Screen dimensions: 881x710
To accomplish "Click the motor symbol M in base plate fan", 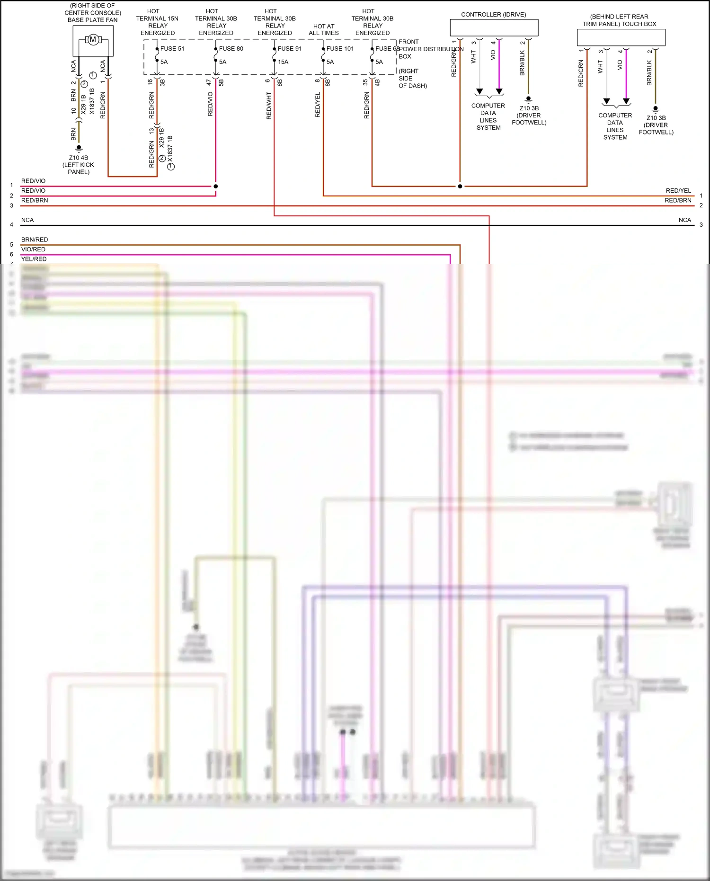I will tap(93, 40).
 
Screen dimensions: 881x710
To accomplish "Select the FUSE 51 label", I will tap(172, 49).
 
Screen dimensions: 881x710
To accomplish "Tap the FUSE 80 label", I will tap(231, 49).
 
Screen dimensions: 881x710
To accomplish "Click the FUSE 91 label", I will tap(290, 49).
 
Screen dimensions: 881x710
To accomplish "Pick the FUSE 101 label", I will tap(340, 49).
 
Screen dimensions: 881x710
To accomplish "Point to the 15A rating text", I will tap(283, 62).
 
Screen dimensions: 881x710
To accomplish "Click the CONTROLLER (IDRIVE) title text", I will tap(494, 15).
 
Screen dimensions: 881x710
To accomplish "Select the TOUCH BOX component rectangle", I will tap(621, 37).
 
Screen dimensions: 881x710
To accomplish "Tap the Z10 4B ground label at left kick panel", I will tap(79, 158).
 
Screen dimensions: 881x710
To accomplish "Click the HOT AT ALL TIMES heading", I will tap(324, 30).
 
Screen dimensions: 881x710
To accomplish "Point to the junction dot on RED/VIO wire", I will tap(216, 186).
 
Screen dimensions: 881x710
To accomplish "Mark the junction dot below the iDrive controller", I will tap(460, 186).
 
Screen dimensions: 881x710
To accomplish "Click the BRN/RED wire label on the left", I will tap(35, 240).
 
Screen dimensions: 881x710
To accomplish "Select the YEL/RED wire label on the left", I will tap(34, 259).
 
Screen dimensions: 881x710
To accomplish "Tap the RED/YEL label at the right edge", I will tap(678, 191).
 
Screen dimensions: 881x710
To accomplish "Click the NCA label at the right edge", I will tap(684, 220).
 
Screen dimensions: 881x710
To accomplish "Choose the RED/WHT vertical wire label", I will tap(269, 106).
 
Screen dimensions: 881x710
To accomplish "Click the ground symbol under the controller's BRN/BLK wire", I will tap(529, 99).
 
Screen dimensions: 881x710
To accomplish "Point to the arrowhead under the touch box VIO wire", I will tap(626, 101).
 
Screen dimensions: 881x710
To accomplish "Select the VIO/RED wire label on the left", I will tap(34, 249).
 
